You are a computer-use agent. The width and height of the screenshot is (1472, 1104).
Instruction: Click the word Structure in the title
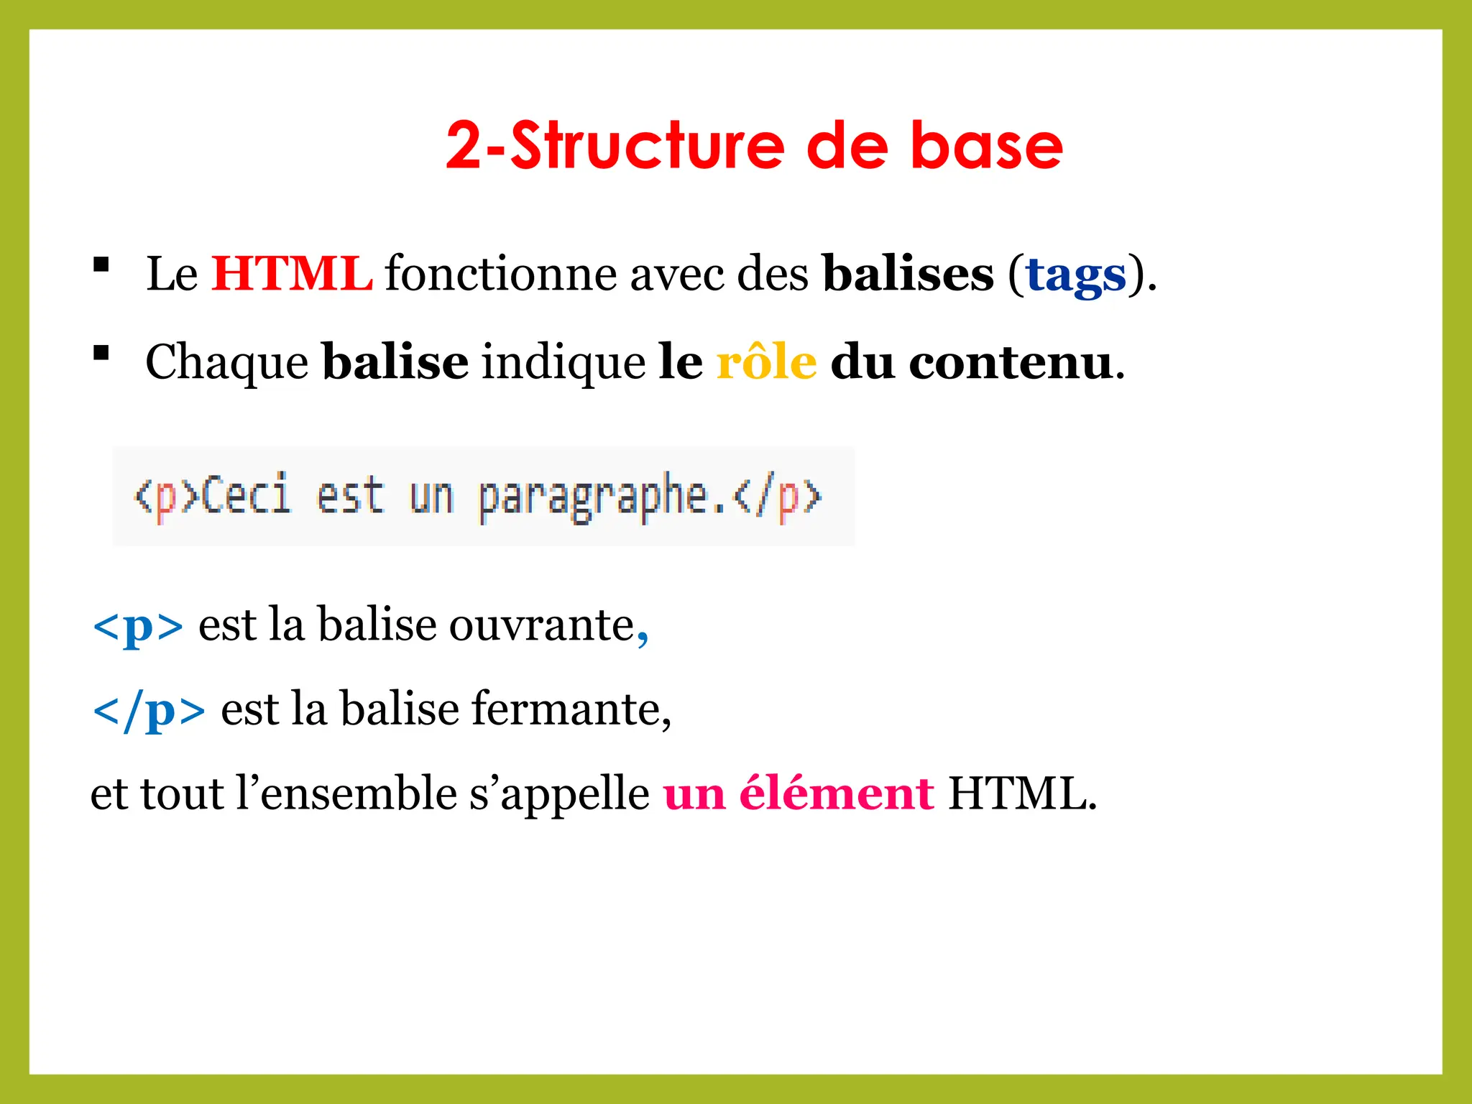(647, 146)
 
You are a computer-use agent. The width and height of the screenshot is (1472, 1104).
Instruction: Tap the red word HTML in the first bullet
(292, 274)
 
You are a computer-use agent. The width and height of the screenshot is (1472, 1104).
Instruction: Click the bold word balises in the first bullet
(908, 274)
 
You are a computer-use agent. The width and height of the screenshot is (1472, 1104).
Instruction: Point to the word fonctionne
(500, 274)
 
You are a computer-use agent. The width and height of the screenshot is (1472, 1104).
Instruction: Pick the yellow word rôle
(766, 362)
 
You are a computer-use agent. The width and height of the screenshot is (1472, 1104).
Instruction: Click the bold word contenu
(1011, 362)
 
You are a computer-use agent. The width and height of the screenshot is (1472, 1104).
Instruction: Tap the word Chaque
(227, 363)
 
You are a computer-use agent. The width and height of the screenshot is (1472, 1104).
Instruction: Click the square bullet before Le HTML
(101, 264)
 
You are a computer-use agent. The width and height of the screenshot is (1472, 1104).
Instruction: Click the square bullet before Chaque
(101, 353)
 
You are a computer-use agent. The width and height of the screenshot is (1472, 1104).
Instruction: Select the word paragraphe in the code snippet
(593, 497)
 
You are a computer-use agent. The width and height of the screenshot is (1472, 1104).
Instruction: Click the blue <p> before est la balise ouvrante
(138, 626)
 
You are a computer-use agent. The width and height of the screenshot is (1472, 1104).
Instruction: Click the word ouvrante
(542, 625)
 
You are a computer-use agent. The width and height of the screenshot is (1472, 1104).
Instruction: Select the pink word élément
(837, 793)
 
